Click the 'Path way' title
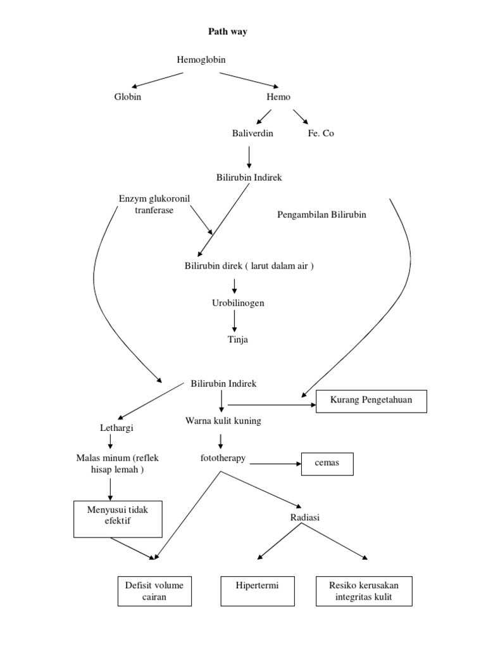[228, 32]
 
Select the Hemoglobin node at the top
[201, 60]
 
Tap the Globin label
[128, 97]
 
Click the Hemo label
[278, 97]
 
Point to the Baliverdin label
[252, 134]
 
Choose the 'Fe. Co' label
[321, 134]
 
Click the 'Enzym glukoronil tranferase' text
[154, 204]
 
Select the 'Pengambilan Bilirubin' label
[321, 214]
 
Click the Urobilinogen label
[238, 303]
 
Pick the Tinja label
[238, 340]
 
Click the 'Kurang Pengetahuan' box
[371, 401]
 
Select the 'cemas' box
[327, 463]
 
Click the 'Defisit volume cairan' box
[154, 591]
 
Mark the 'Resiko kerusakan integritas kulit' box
[364, 591]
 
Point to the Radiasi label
[305, 518]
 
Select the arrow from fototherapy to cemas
[275, 464]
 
